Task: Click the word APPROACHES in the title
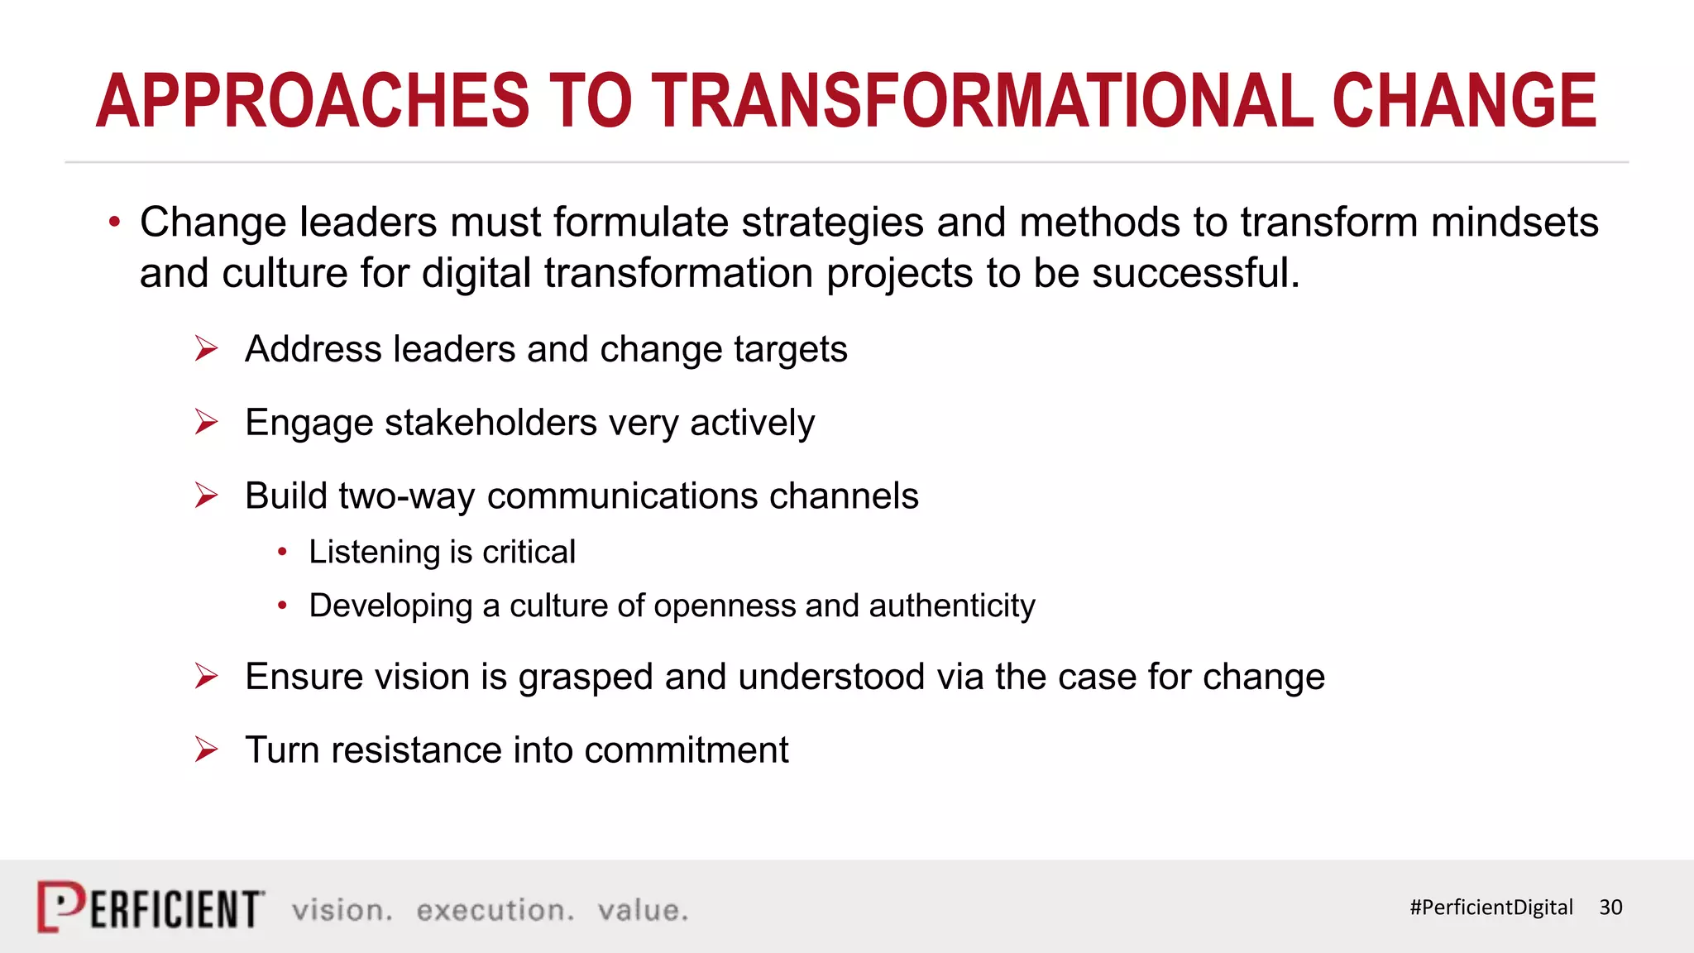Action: [x=313, y=101]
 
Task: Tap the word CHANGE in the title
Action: [x=1464, y=101]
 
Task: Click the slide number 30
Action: [x=1610, y=908]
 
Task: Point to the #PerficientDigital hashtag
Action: [x=1491, y=908]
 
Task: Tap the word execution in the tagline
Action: [x=495, y=910]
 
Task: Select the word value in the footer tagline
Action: [x=642, y=910]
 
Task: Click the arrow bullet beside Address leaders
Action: [x=206, y=349]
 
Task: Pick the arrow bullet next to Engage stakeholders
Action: [x=206, y=422]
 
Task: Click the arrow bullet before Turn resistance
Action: [x=206, y=749]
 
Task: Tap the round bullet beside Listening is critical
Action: [x=283, y=552]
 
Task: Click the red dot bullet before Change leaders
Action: [x=114, y=222]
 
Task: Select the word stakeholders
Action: [x=490, y=423]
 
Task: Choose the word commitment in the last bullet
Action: [x=686, y=750]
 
